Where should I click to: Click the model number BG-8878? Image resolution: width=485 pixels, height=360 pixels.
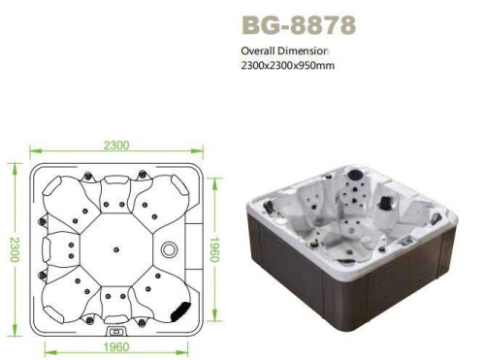299,25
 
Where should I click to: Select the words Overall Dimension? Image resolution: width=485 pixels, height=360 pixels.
285,50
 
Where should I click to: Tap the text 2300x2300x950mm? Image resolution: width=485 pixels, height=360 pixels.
288,65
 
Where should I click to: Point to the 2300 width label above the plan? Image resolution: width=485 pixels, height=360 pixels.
116,146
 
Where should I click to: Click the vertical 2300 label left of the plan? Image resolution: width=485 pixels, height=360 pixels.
15,249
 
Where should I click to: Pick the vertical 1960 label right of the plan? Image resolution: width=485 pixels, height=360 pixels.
214,249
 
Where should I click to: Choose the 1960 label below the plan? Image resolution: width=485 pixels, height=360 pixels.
116,347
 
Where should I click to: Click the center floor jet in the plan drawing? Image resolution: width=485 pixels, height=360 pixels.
116,249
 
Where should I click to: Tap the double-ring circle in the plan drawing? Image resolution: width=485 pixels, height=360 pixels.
170,249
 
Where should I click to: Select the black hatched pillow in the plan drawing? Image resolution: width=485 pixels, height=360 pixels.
179,311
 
